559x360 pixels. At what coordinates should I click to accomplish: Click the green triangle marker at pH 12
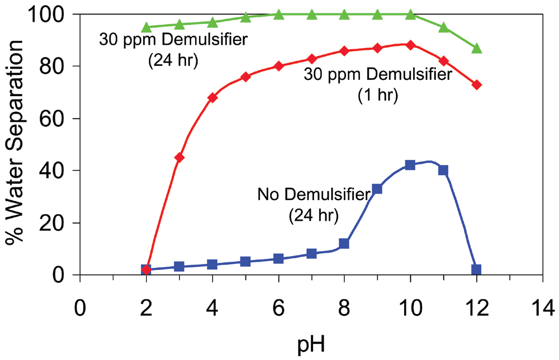tap(476, 49)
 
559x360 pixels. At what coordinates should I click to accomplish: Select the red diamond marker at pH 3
tap(179, 157)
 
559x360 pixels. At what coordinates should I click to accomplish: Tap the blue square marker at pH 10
tap(410, 165)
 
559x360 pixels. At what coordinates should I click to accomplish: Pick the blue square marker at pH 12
tap(476, 269)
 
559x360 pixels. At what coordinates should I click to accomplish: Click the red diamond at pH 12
tap(476, 84)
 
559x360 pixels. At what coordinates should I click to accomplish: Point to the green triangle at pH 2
tap(146, 27)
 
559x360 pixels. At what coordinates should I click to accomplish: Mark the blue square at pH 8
tap(344, 244)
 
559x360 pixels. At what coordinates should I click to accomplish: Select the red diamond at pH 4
tap(212, 97)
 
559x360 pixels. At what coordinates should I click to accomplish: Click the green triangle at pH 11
tap(443, 27)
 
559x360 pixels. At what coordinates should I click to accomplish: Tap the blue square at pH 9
tap(377, 189)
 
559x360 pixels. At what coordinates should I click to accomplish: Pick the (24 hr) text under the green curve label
tap(173, 60)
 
